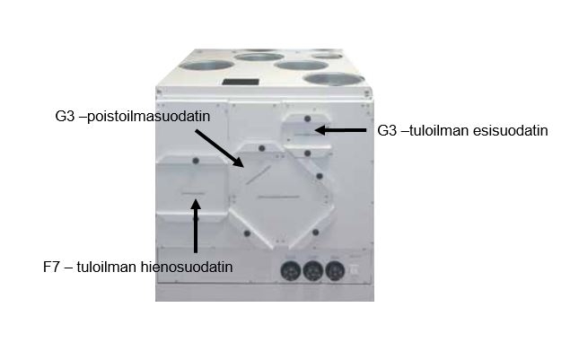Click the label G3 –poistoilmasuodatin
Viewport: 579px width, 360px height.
pyautogui.click(x=133, y=117)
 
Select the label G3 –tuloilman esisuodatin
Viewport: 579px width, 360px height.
pyautogui.click(x=462, y=131)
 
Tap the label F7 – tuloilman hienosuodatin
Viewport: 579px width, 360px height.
pyautogui.click(x=137, y=267)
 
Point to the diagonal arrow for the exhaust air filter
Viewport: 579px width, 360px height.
pyautogui.click(x=219, y=148)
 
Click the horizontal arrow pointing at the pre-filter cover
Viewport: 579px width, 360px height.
pyautogui.click(x=340, y=130)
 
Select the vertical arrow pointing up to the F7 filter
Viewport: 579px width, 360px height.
pyautogui.click(x=196, y=226)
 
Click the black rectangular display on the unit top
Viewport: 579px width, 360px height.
pyautogui.click(x=241, y=82)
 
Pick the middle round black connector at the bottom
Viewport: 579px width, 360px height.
pyautogui.click(x=312, y=271)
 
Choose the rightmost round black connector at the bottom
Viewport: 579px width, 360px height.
pyautogui.click(x=335, y=271)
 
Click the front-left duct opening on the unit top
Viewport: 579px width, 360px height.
pyautogui.click(x=206, y=65)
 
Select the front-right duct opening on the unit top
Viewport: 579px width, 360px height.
pyautogui.click(x=334, y=79)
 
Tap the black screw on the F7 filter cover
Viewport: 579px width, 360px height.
pyautogui.click(x=196, y=161)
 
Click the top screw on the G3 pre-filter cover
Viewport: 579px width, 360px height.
pyautogui.click(x=307, y=119)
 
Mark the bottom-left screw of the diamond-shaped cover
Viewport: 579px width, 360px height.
pyautogui.click(x=247, y=233)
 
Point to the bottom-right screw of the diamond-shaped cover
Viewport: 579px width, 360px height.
pyautogui.click(x=315, y=233)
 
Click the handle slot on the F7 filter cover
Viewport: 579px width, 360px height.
pyautogui.click(x=193, y=193)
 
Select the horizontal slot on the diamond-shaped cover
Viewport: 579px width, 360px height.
pyautogui.click(x=279, y=197)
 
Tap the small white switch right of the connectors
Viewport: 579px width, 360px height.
pyautogui.click(x=354, y=270)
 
